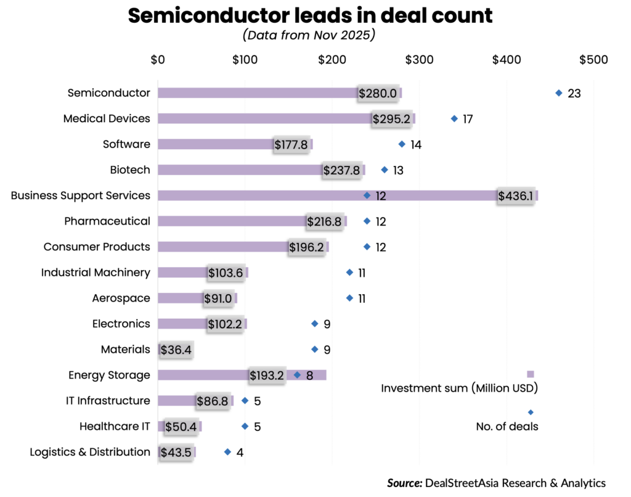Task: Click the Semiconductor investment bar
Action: [x=259, y=93]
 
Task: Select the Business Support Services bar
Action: [x=327, y=195]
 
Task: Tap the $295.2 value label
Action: [x=391, y=119]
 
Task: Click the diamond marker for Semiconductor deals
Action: [x=559, y=93]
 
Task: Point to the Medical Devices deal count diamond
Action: [x=455, y=118]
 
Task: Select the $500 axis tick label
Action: [x=593, y=60]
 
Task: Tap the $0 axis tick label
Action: [x=157, y=60]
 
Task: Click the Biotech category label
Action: [x=130, y=170]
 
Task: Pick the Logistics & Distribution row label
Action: [x=90, y=452]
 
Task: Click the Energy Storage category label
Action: [x=109, y=375]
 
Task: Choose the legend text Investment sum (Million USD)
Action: [x=460, y=388]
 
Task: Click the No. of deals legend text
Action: [x=507, y=426]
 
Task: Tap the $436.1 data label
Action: [x=516, y=196]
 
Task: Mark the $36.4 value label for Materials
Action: [x=176, y=350]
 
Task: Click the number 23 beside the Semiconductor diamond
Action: [x=574, y=94]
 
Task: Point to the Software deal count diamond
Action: [x=402, y=144]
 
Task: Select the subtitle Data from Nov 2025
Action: [x=309, y=35]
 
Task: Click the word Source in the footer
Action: [x=403, y=483]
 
